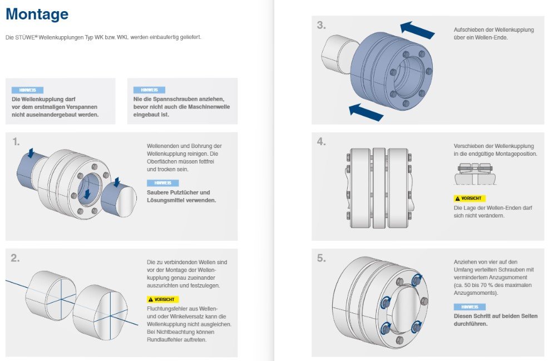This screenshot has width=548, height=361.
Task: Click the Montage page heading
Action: coord(37,14)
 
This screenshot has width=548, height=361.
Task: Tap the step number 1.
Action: coord(16,141)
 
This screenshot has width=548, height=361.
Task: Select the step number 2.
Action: coord(15,258)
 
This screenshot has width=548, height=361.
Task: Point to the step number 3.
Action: coord(321,25)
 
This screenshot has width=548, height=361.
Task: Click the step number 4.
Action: coord(321,141)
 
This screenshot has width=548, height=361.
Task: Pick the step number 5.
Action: coord(321,258)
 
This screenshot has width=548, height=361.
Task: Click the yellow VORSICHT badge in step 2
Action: coord(162,299)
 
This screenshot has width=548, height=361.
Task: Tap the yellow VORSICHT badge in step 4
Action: coord(470,198)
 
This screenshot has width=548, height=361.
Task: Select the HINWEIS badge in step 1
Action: coord(162,183)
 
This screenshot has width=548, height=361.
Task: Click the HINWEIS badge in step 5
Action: coord(470,307)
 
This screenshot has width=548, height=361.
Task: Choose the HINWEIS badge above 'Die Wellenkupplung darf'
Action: coord(28,90)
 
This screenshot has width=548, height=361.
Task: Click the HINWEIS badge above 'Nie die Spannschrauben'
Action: coord(149,90)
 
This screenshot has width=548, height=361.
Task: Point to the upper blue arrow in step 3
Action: coord(417,30)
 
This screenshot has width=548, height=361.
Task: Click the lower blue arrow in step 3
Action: coord(366,112)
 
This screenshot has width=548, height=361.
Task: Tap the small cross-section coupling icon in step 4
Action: coord(475,174)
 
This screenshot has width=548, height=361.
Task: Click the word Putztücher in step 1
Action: coord(185,192)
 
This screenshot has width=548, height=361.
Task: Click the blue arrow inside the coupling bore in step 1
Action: coord(87,193)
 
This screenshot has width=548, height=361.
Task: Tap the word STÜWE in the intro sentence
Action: coord(25,37)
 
